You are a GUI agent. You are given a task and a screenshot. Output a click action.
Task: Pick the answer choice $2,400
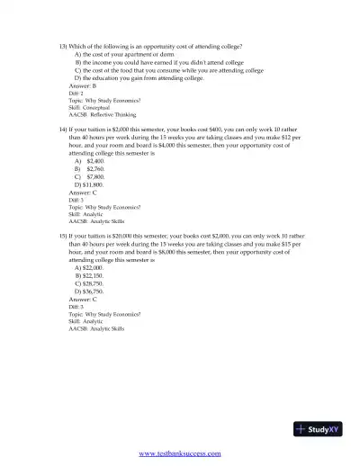click(90, 160)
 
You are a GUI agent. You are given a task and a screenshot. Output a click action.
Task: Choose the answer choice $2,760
click(90, 168)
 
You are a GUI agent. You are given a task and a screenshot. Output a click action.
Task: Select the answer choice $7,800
click(90, 176)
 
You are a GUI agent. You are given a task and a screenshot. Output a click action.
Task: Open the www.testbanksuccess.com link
click(179, 453)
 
